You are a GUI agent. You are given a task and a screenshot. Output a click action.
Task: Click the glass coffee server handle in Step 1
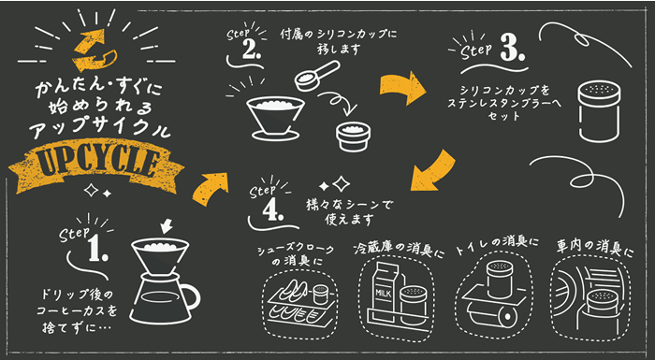190,298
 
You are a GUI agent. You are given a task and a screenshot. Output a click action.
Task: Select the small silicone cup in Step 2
355,134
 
